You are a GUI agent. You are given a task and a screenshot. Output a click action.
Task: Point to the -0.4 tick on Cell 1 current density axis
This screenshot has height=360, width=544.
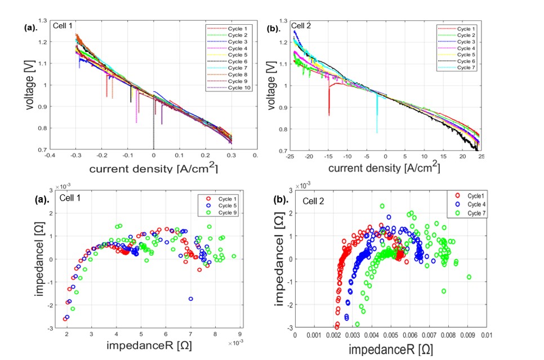coord(50,155)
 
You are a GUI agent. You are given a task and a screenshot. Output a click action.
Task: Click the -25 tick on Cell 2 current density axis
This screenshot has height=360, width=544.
coord(289,155)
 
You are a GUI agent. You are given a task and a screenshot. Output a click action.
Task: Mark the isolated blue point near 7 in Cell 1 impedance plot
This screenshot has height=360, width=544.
coord(191,299)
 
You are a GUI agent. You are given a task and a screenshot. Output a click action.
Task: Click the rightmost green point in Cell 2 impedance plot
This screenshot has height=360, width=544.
coord(469,277)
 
